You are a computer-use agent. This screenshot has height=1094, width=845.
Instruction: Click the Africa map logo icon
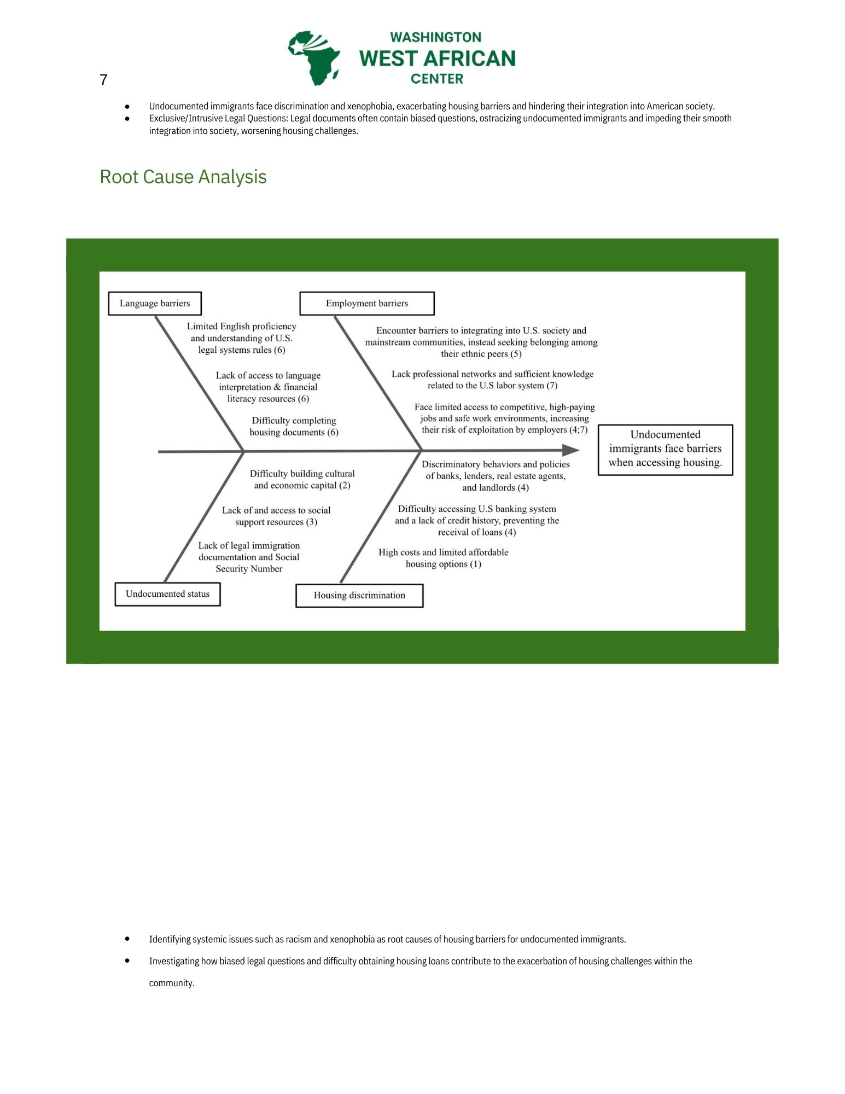(x=314, y=58)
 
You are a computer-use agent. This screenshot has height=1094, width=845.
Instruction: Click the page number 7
(x=103, y=80)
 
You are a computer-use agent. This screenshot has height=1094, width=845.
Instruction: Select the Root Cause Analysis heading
(x=183, y=177)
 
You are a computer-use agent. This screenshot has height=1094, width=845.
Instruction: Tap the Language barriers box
(x=155, y=304)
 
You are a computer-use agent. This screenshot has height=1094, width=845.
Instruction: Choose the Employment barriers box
(x=366, y=304)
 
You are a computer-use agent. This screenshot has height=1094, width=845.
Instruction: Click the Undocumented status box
(x=167, y=594)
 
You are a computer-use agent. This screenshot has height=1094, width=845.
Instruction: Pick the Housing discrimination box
(x=359, y=596)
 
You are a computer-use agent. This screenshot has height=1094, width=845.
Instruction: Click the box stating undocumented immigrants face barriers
(x=665, y=449)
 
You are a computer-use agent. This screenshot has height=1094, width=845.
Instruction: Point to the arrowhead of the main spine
(x=572, y=450)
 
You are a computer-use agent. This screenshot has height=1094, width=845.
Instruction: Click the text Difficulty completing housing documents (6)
(x=294, y=427)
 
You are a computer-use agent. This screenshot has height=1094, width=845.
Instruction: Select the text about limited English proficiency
(x=242, y=338)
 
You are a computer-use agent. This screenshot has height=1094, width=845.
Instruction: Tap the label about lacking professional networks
(x=492, y=380)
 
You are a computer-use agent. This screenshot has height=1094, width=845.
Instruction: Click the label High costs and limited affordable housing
(x=444, y=558)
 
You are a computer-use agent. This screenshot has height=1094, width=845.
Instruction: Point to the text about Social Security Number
(x=249, y=557)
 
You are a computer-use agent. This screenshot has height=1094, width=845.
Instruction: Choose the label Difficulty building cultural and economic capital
(x=302, y=479)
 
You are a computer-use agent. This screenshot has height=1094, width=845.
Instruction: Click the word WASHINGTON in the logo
(x=435, y=37)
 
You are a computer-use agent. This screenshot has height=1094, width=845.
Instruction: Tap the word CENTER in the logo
(x=436, y=79)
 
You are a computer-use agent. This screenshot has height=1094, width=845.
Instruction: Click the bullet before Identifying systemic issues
(x=127, y=939)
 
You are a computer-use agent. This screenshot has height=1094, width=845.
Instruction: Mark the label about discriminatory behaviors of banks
(x=496, y=476)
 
